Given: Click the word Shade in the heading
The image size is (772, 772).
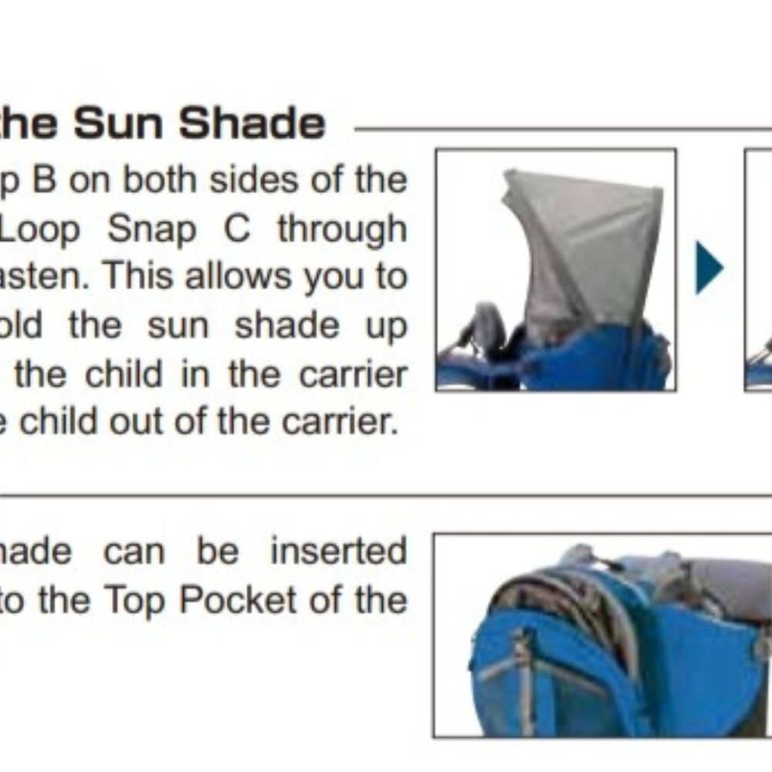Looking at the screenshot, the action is (252, 123).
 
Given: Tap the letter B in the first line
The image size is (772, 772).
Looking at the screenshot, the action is (46, 180).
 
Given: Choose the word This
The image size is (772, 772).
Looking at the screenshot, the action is (138, 276).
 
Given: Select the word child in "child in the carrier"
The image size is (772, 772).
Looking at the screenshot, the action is (123, 374).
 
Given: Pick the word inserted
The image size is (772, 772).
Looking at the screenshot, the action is (338, 551).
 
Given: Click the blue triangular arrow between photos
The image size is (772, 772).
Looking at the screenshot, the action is (709, 268).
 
